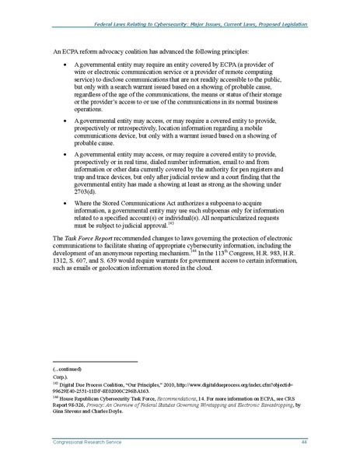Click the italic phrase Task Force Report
[85, 234]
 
